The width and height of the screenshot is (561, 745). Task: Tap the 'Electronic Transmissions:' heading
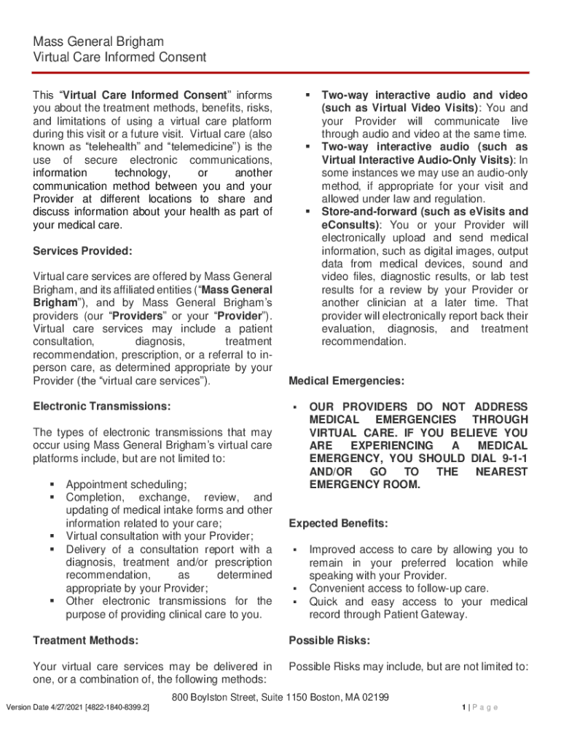point(102,405)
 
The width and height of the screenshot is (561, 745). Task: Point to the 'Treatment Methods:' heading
point(86,641)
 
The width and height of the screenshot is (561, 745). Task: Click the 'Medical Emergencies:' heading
point(346,381)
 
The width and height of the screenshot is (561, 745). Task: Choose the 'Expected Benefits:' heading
point(338,524)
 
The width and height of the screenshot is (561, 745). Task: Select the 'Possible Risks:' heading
point(329,641)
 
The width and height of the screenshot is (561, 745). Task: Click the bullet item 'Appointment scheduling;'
point(126,485)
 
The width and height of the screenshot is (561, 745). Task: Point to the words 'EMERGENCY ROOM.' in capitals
point(364,485)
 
